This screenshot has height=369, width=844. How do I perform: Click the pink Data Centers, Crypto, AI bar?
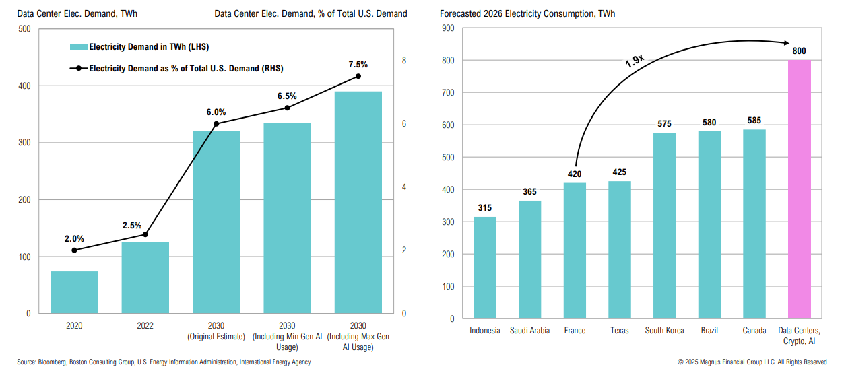coord(799,189)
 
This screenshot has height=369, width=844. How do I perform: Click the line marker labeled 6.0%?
coord(216,124)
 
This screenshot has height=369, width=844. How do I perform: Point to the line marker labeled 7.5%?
coord(358,76)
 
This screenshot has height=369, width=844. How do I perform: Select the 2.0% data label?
coord(74,238)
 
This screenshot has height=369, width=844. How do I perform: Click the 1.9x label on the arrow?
coord(635,62)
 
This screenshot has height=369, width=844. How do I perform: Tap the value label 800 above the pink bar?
coord(799,51)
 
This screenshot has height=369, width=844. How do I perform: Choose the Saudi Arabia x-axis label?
coord(529,331)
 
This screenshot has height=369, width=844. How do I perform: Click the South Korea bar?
coord(664,226)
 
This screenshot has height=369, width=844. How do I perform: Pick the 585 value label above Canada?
coord(754,121)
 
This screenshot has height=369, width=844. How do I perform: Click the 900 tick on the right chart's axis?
coord(447,28)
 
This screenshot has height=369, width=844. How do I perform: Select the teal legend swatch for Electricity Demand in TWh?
coord(78,47)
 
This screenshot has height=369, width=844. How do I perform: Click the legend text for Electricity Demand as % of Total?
coord(186,68)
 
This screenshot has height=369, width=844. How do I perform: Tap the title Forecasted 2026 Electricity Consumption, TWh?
coord(527,13)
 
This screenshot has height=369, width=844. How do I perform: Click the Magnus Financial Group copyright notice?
coord(752,362)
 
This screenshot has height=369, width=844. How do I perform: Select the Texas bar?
coord(620,250)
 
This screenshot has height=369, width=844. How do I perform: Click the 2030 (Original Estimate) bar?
coord(216,222)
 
